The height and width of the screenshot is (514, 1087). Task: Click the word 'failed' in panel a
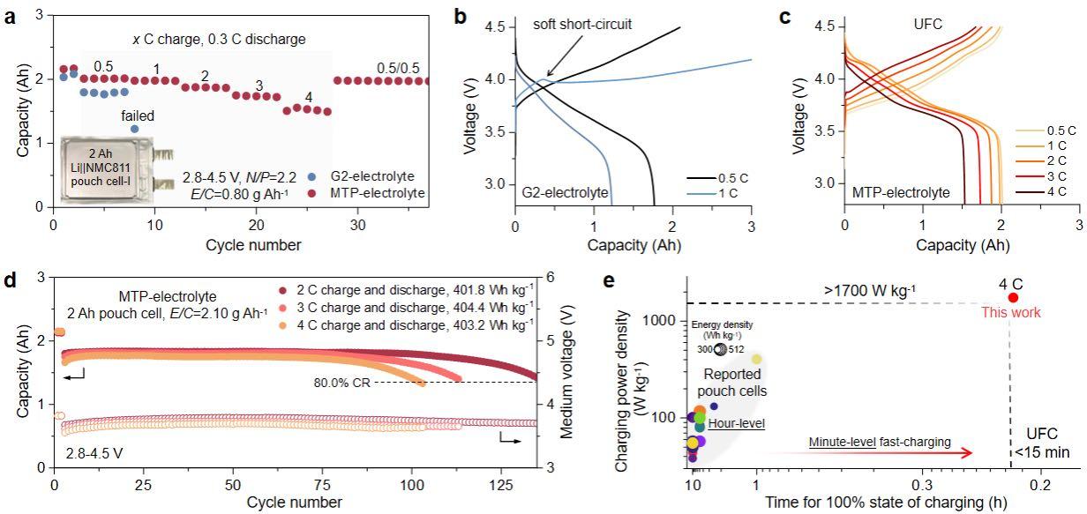coord(139,115)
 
